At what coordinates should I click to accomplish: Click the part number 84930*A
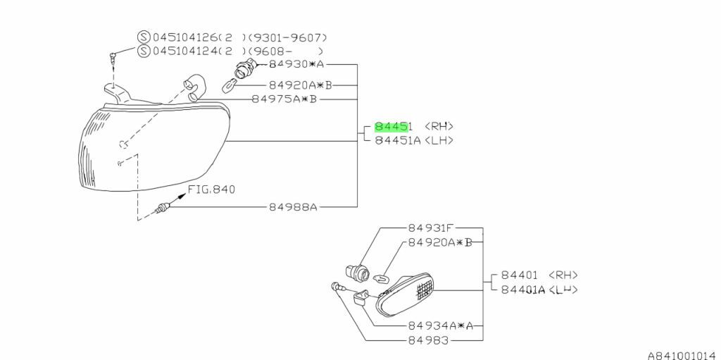pos(296,64)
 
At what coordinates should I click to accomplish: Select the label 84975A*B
pos(284,99)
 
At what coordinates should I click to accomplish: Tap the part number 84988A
pos(293,207)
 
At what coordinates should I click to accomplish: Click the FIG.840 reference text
pos(211,190)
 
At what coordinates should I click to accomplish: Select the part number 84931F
pos(432,228)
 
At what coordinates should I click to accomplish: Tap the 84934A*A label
pos(439,326)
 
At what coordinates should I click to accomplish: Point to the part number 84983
pos(428,340)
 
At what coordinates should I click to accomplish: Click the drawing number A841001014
pos(682,355)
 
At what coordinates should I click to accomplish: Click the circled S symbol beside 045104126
pos(143,37)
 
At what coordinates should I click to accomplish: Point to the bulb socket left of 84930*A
pos(244,68)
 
